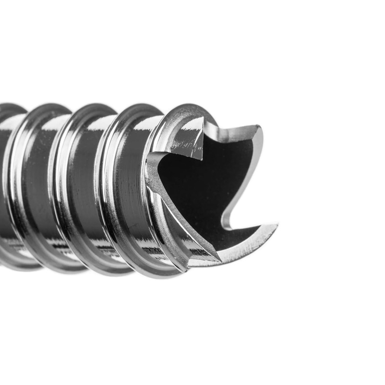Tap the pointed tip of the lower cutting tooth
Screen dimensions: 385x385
tap(277, 225)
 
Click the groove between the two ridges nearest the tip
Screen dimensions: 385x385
tap(130, 192)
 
